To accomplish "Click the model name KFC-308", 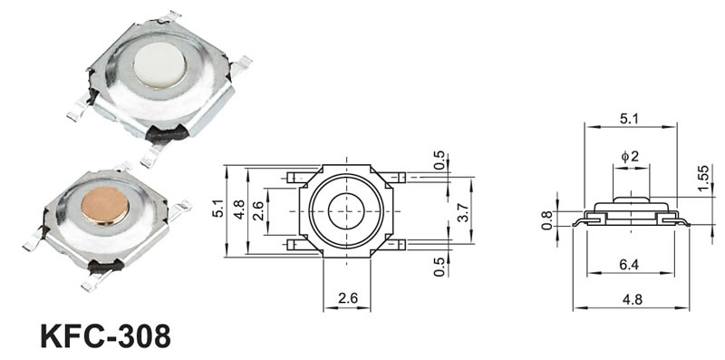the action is click(105, 336).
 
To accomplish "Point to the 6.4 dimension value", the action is click(629, 265).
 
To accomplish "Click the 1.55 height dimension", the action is click(703, 178).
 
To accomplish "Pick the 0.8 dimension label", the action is click(546, 220).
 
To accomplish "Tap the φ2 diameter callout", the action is click(630, 156).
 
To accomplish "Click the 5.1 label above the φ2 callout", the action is click(629, 119).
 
